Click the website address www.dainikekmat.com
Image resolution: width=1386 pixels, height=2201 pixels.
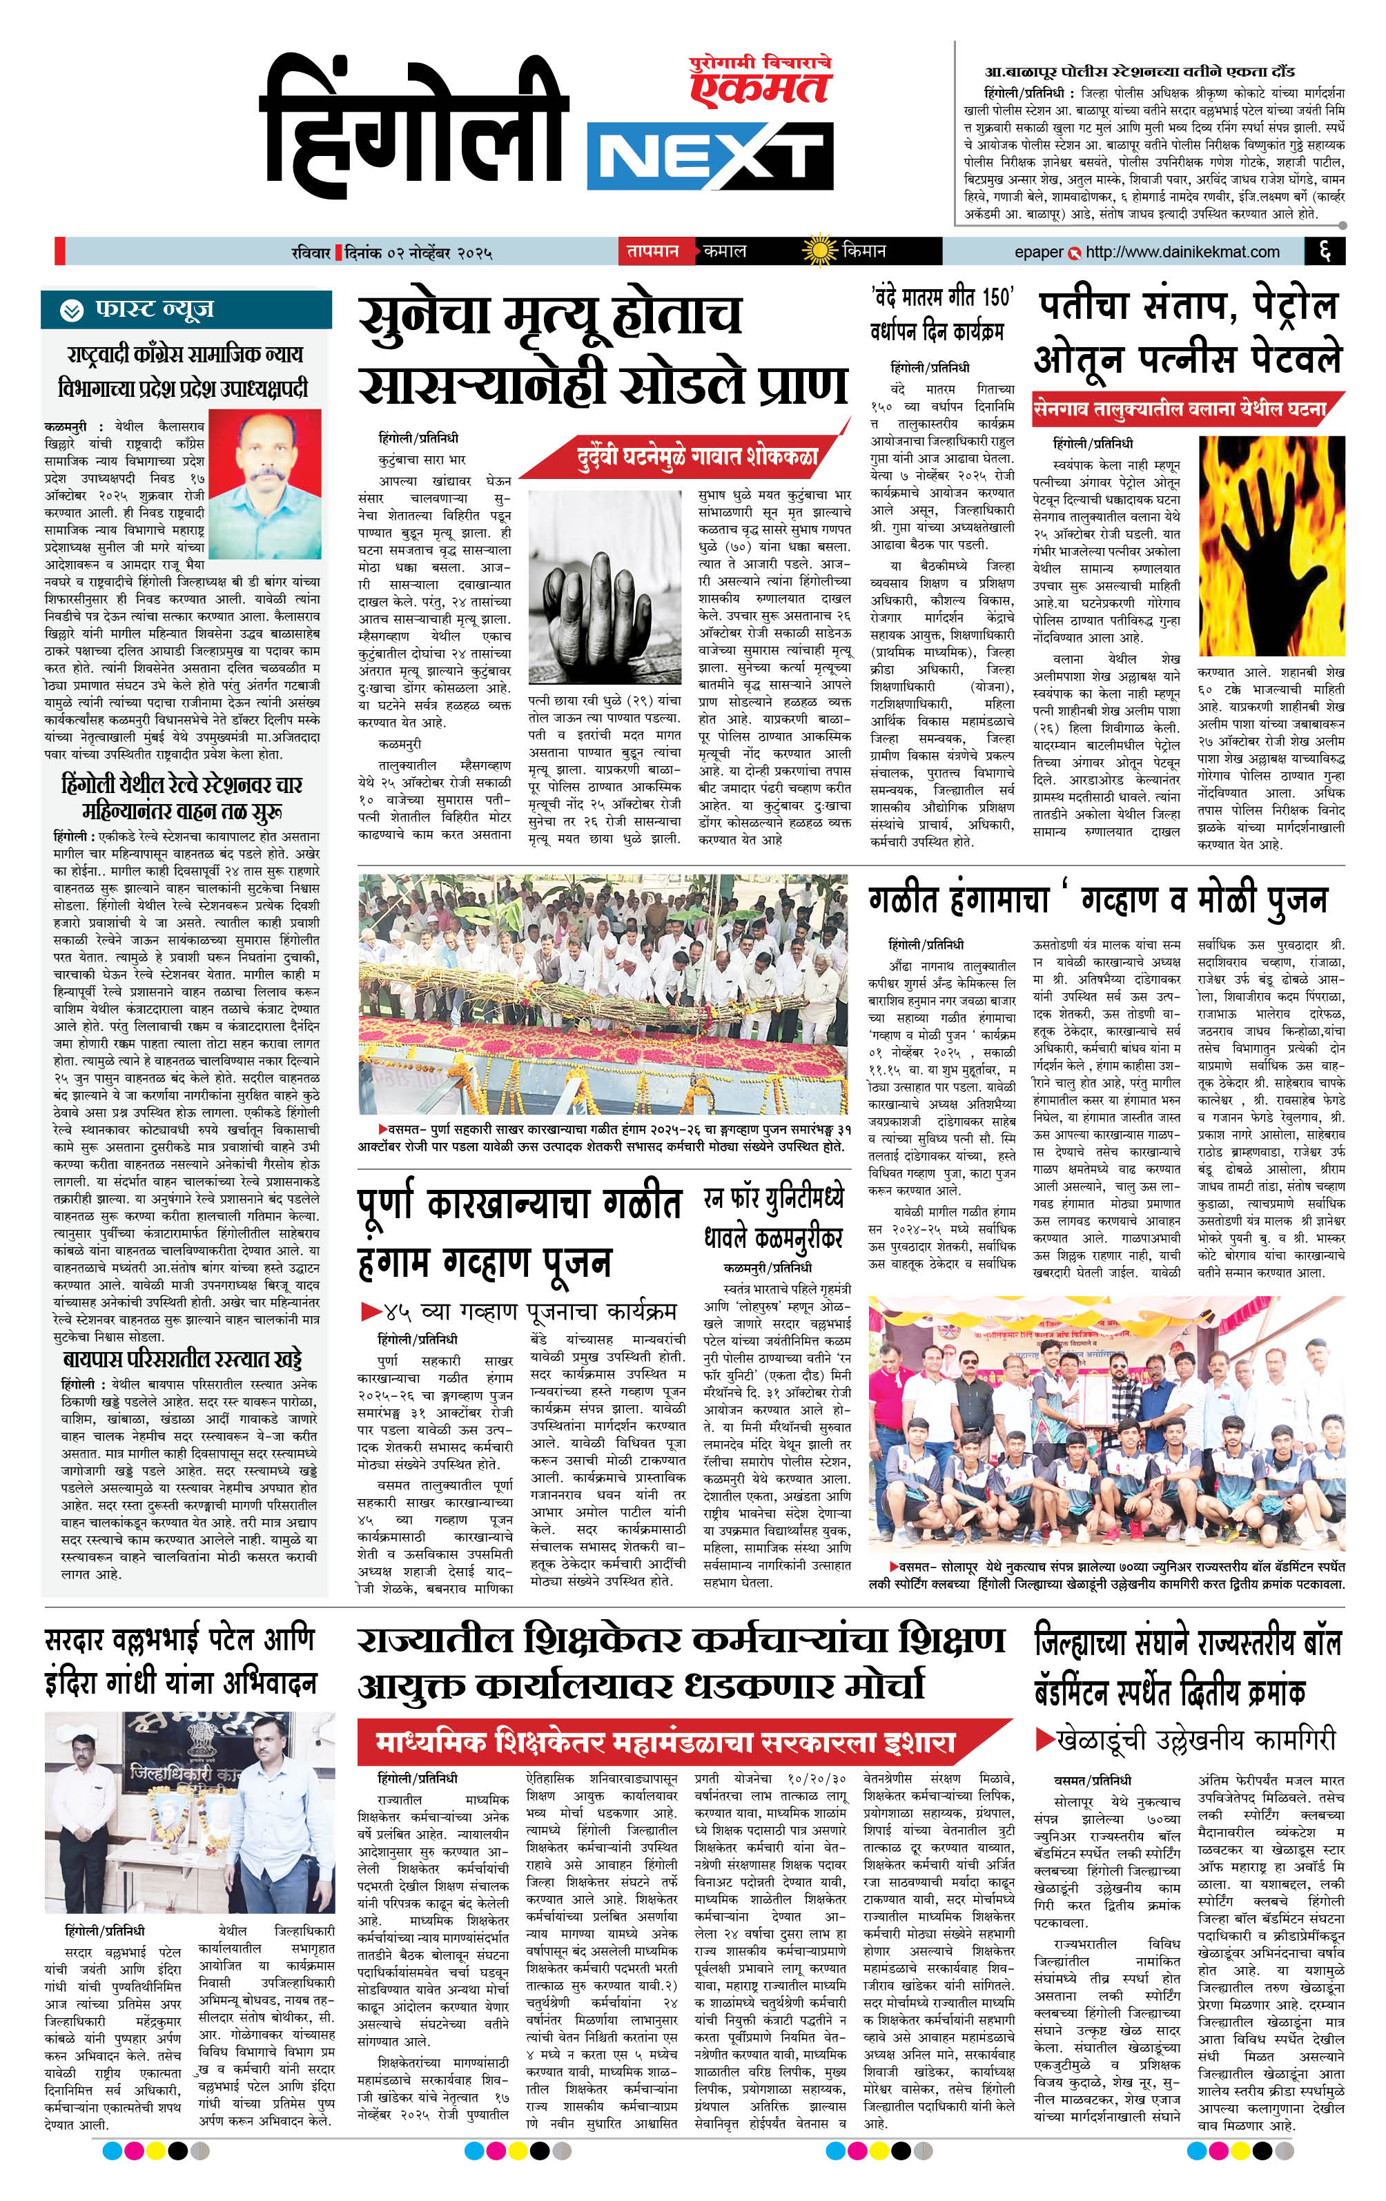click(x=1182, y=251)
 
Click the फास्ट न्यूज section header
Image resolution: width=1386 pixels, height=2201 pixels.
click(x=154, y=311)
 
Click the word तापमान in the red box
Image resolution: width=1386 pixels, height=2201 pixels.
click(x=653, y=251)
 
